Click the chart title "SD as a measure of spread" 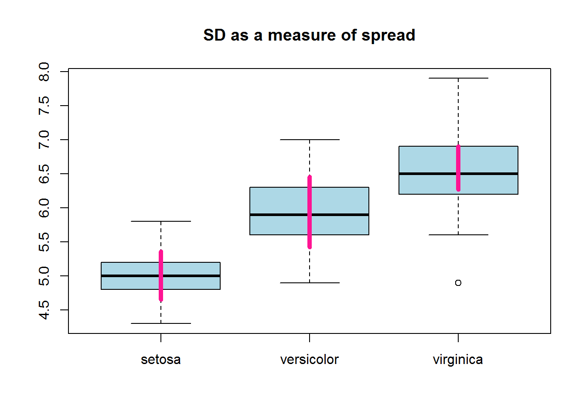[x=309, y=35]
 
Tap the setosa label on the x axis [x=160, y=360]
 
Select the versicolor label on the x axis [x=309, y=360]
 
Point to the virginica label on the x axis [x=458, y=360]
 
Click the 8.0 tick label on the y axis [x=44, y=72]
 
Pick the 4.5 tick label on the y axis [x=44, y=310]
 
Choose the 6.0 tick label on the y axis [x=44, y=208]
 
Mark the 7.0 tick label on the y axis [x=44, y=140]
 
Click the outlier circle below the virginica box [x=458, y=283]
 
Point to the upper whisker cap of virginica [x=458, y=78]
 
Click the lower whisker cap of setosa [x=161, y=323]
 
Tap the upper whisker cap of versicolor [x=310, y=140]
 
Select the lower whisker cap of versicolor [x=310, y=283]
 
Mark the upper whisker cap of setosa [x=161, y=221]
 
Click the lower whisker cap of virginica [x=458, y=235]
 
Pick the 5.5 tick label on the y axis [x=44, y=242]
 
